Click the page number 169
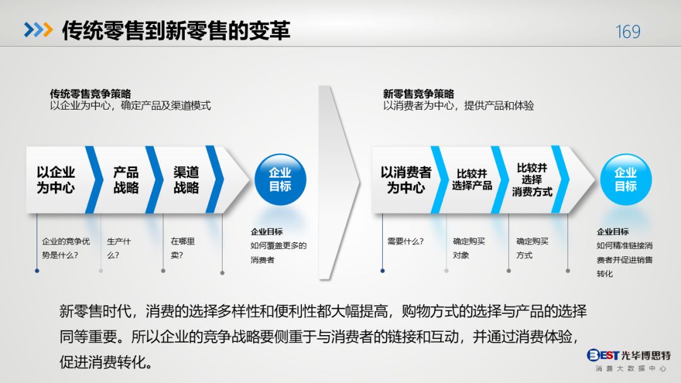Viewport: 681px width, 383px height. [627, 31]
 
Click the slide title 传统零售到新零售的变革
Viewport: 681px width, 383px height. [176, 30]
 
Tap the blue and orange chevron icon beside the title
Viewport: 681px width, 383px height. [38, 30]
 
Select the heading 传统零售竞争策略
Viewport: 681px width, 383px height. [90, 94]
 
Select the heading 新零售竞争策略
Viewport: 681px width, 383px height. [419, 94]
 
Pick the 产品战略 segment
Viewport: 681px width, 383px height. [125, 180]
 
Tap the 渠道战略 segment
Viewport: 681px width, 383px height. [186, 180]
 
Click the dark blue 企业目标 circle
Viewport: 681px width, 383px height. [280, 180]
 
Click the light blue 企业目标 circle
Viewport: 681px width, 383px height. [626, 180]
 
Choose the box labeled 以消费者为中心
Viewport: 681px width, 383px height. [406, 180]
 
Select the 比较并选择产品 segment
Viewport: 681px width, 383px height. [471, 180]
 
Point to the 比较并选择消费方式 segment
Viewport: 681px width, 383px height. [532, 180]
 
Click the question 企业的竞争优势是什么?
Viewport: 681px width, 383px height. [66, 248]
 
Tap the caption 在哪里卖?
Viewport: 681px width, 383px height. [182, 248]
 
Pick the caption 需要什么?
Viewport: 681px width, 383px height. [405, 242]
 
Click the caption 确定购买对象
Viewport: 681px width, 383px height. [469, 248]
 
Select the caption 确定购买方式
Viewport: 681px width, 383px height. [532, 248]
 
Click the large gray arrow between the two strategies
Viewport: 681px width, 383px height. [339, 182]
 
